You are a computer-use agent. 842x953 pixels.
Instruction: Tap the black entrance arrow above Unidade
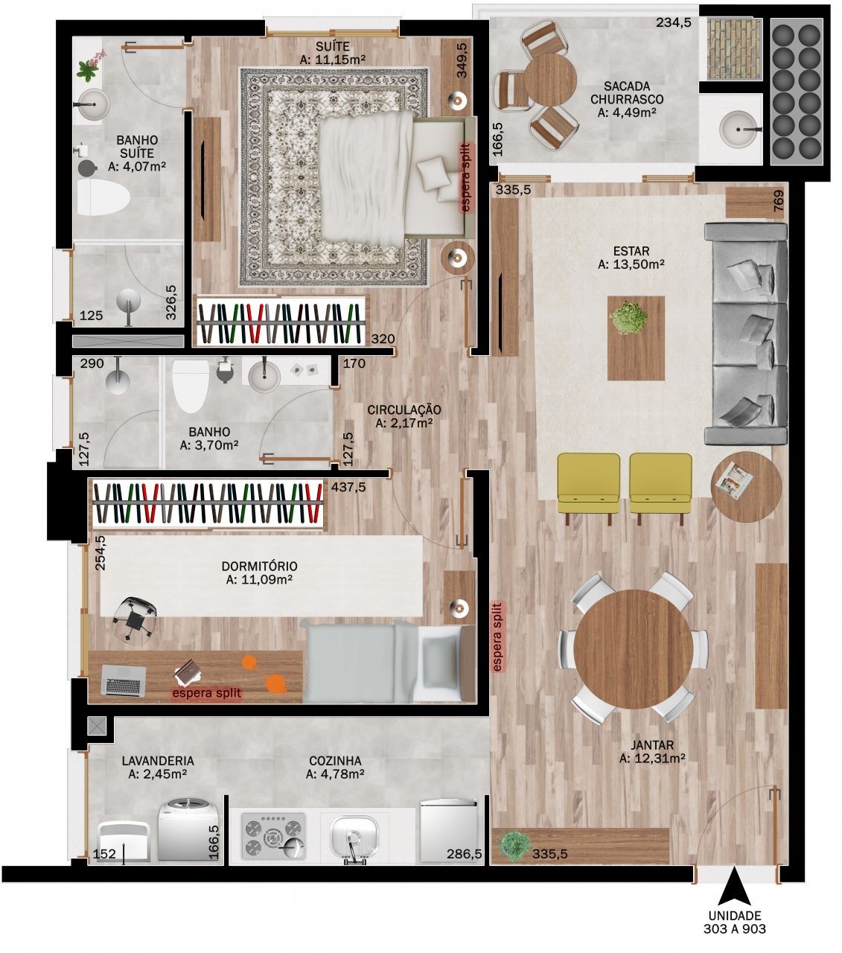click(x=735, y=885)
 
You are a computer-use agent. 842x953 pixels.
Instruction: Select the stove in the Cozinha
click(x=273, y=835)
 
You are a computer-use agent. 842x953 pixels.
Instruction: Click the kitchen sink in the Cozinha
click(x=355, y=835)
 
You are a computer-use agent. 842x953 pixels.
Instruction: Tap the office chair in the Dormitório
click(x=135, y=617)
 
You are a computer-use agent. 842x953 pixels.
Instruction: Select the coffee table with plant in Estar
click(x=635, y=337)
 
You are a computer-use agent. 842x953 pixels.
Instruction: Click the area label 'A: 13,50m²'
click(x=631, y=264)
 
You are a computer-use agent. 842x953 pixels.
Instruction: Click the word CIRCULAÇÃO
click(x=404, y=409)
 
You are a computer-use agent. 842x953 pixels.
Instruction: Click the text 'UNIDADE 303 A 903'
click(x=734, y=922)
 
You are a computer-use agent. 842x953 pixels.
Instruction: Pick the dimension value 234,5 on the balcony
click(x=674, y=22)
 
